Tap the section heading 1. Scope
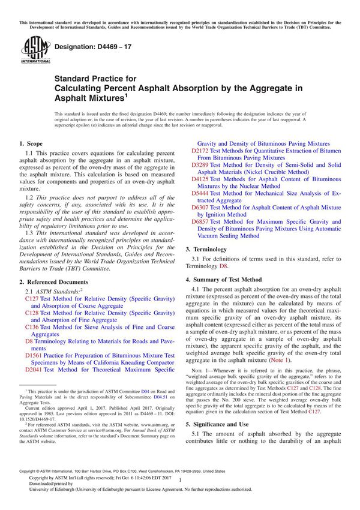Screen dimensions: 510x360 coord(31,144)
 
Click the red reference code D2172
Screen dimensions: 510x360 coord(202,152)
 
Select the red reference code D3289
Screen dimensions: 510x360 coord(202,164)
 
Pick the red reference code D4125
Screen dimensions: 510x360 coord(202,178)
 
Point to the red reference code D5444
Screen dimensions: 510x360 coord(202,193)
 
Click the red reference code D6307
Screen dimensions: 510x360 coord(202,207)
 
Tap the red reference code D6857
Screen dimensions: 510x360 coord(202,221)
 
